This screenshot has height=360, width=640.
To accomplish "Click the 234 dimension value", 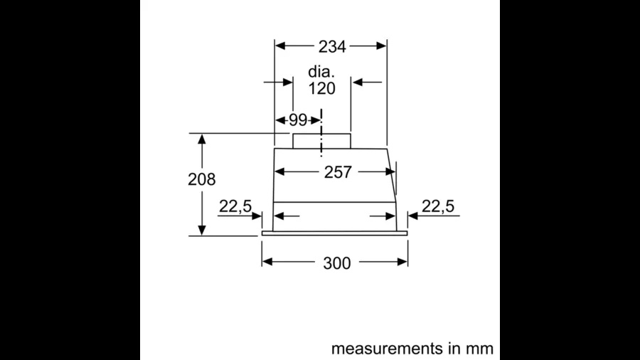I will (x=331, y=47).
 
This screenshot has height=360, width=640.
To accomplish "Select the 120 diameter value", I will (x=321, y=88).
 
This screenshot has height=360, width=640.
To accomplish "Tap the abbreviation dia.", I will (x=321, y=72).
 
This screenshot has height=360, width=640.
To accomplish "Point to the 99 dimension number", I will (x=297, y=120).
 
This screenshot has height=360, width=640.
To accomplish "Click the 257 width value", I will (x=338, y=172).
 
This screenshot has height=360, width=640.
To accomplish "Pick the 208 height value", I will (x=201, y=179).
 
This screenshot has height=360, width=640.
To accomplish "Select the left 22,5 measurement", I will (x=235, y=206).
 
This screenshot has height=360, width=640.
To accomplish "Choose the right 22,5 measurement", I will (x=437, y=206).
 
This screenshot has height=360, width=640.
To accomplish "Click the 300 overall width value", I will (x=336, y=263).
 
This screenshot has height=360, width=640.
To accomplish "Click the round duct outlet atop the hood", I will (x=320, y=140).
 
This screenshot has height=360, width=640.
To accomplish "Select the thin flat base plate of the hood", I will (x=334, y=233).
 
